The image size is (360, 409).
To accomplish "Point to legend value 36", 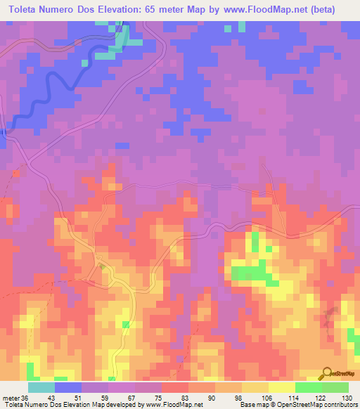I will [26, 397].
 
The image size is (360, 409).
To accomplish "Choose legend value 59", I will [108, 397].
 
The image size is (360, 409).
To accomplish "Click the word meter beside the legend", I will [10, 397].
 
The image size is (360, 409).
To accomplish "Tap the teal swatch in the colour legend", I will [41, 387].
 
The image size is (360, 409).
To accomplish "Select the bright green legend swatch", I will [308, 387].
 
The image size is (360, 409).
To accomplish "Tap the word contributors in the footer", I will [341, 405].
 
